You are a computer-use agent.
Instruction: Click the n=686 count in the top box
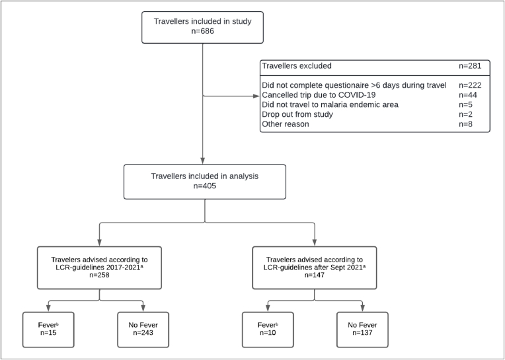202,32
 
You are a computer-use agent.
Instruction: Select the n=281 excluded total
470,66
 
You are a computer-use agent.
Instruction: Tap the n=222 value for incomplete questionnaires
470,85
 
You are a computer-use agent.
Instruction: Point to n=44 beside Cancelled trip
468,95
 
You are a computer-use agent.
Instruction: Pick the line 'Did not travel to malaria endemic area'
330,104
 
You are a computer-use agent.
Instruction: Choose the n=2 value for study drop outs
466,114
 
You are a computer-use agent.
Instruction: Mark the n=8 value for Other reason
466,124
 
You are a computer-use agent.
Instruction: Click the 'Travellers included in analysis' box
205,182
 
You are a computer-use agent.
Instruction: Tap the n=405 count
205,186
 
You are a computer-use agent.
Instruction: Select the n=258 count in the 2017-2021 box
99,275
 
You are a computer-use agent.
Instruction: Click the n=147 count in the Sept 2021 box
315,275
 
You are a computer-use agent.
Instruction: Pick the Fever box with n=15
48,330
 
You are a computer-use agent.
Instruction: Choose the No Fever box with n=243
143,330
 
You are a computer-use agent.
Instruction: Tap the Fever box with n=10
268,330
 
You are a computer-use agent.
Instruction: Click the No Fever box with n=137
362,330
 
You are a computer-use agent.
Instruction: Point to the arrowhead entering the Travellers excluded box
256,96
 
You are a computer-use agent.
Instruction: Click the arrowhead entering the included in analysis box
202,161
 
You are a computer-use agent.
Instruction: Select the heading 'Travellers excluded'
297,66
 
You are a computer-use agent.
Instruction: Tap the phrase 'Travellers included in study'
202,21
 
